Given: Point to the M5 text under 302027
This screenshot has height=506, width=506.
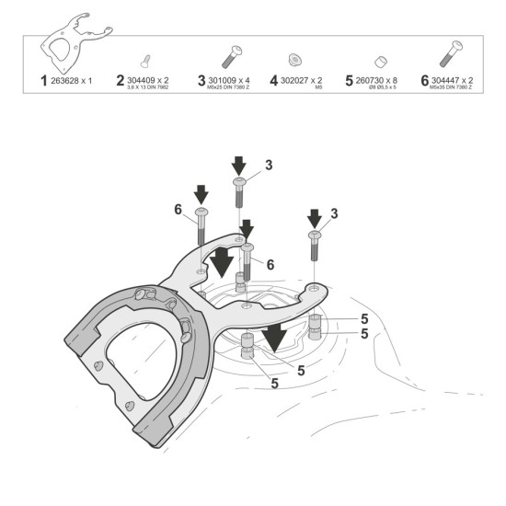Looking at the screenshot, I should (x=318, y=89).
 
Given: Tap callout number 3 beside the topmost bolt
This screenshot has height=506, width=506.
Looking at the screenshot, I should (x=268, y=165).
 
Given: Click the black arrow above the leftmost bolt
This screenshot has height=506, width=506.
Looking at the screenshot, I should (x=201, y=193).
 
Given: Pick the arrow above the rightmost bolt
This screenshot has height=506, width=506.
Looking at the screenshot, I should (x=314, y=218).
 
